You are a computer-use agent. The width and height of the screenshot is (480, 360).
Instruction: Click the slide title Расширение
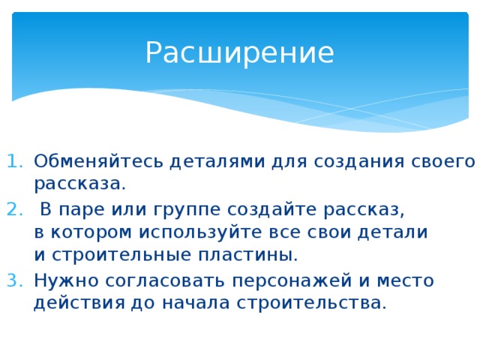click(x=239, y=53)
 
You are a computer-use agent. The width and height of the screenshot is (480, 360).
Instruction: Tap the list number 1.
click(x=15, y=161)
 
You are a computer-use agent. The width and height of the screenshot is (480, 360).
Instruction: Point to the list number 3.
click(x=15, y=280)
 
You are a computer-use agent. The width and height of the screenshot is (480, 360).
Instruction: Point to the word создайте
click(x=262, y=208)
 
